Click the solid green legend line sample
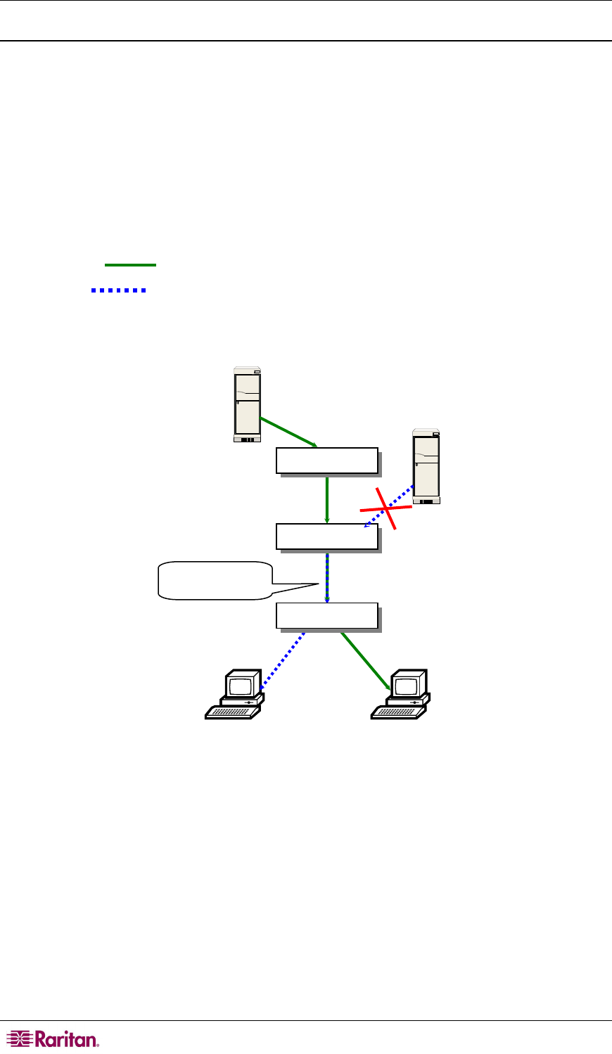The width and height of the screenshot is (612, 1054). click(x=130, y=265)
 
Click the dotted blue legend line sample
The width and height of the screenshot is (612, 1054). click(x=118, y=290)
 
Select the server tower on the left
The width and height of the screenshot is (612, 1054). click(x=247, y=404)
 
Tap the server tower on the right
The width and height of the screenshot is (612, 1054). click(x=426, y=466)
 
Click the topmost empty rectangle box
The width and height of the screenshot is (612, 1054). click(x=327, y=461)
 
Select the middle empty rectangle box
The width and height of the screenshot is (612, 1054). click(x=327, y=536)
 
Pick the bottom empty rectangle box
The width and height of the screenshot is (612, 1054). click(x=327, y=616)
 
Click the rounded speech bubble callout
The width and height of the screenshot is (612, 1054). click(x=215, y=580)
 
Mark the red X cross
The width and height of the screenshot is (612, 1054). click(x=386, y=508)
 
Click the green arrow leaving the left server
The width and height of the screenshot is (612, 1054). click(x=288, y=432)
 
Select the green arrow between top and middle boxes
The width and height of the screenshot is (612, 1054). click(x=327, y=499)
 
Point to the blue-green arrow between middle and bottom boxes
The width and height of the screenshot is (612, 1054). click(x=327, y=577)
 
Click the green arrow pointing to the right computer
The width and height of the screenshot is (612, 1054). click(x=365, y=660)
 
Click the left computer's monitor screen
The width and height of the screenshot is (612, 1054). click(x=241, y=686)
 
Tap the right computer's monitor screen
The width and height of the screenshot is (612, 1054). click(x=407, y=686)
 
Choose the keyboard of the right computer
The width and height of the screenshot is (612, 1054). click(x=397, y=712)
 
